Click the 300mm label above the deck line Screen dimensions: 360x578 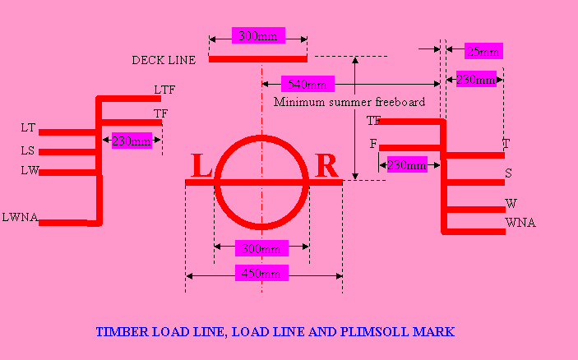pyautogui.click(x=257, y=35)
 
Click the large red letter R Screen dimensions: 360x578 pyautogui.click(x=326, y=167)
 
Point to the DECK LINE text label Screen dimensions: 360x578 pyautogui.click(x=164, y=60)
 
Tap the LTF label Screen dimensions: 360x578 pyautogui.click(x=164, y=90)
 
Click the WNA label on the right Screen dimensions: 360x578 pyautogui.click(x=520, y=223)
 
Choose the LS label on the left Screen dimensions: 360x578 pyautogui.click(x=28, y=151)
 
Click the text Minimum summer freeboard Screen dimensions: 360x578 pyautogui.click(x=349, y=103)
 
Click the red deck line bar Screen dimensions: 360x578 pyautogui.click(x=257, y=59)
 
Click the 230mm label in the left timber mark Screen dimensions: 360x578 pyautogui.click(x=132, y=141)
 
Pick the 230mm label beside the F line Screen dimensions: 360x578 pyautogui.click(x=407, y=165)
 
